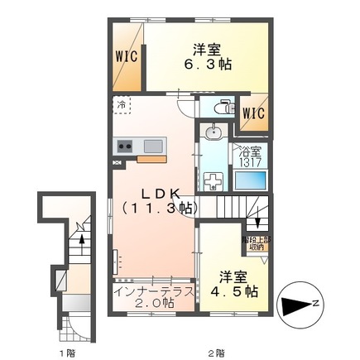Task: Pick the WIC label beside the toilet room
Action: point(253,113)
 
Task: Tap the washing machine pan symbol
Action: point(214,181)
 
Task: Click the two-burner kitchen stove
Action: point(125,146)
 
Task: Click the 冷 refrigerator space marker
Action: point(122,106)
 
